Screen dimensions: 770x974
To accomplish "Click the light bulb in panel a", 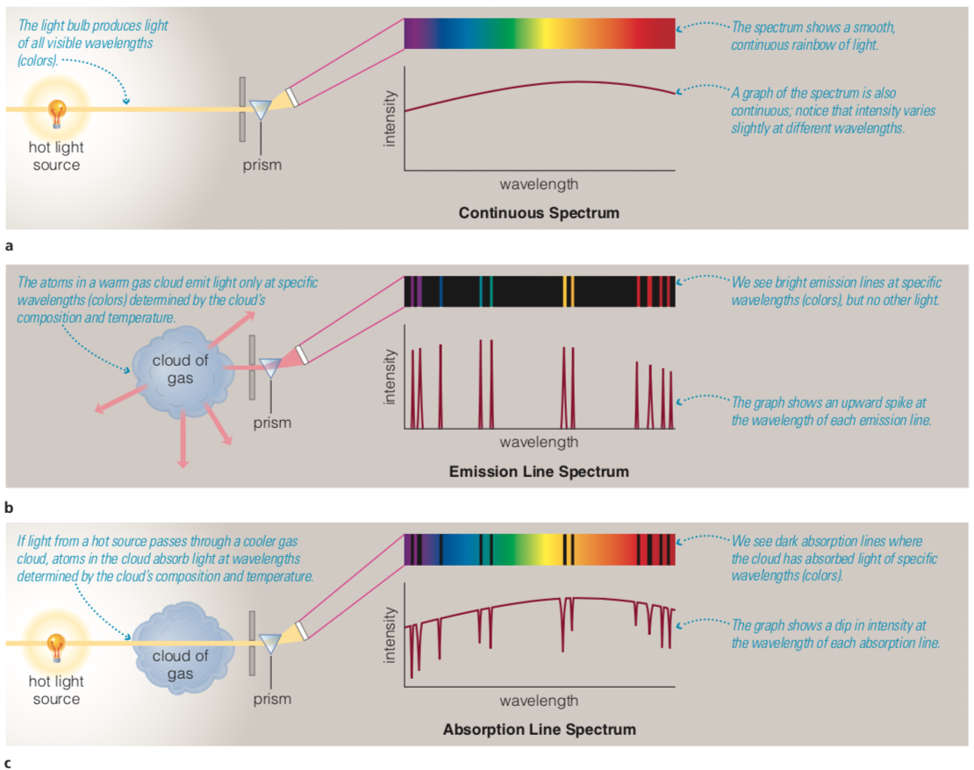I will coord(57,113).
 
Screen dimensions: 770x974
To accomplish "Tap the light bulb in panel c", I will coord(57,646).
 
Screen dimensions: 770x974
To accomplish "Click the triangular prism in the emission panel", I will coord(269,368).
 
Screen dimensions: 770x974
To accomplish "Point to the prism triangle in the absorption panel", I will coord(269,645).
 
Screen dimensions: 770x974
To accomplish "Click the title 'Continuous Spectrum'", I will coord(539,213).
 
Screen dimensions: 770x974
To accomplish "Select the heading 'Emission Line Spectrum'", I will coord(539,472).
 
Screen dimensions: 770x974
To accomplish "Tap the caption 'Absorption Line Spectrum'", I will coord(539,730).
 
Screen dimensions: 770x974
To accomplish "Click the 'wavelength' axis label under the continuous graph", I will coord(539,184).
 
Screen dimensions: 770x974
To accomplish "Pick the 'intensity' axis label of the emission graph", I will coord(389,378).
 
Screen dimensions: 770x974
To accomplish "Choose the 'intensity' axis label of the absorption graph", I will coord(389,637).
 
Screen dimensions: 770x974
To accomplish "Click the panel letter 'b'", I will coord(8,507).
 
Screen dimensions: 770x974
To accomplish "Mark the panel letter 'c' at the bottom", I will coord(8,763).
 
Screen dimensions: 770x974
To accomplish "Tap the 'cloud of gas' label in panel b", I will coord(180,369).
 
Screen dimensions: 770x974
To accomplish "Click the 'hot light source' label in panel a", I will coord(56,156).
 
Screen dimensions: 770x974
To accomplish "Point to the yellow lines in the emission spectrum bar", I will coord(569,290).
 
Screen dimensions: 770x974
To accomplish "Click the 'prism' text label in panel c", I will coord(272,699).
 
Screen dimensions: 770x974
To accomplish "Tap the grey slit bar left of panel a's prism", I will coord(240,108).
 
